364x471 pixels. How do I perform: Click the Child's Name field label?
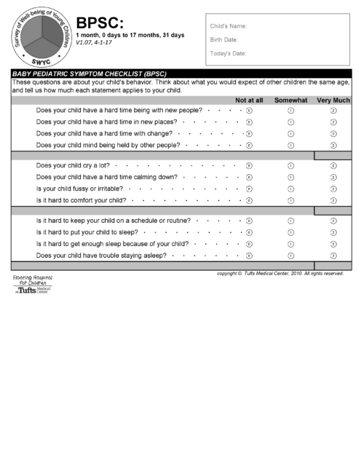pos(228,26)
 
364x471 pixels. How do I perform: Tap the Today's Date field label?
pos(228,54)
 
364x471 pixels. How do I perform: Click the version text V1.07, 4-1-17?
pos(94,43)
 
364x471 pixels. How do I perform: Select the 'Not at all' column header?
pos(249,100)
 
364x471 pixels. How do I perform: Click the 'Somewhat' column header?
pos(290,100)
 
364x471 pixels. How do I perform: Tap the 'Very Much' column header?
pos(333,100)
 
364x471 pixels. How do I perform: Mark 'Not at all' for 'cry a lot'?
pos(249,165)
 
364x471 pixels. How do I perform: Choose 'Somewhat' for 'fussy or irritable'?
pos(290,189)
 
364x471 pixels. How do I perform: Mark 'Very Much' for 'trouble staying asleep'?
pos(333,256)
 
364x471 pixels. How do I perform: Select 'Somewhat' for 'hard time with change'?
pos(290,134)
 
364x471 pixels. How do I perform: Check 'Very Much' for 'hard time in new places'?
pos(333,122)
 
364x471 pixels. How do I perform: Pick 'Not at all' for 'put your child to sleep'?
pos(249,232)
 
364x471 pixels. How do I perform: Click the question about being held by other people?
pos(108,146)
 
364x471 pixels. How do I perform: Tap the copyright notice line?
pos(280,274)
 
